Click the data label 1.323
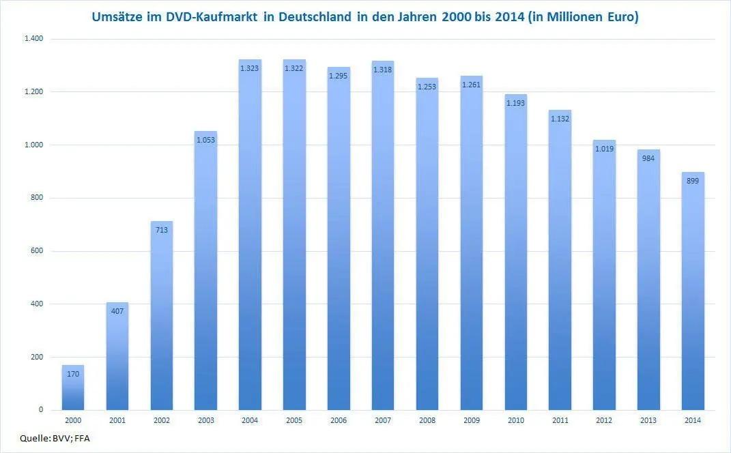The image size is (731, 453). pos(250,68)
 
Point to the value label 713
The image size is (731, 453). pos(161,230)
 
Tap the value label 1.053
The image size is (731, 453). pos(205,140)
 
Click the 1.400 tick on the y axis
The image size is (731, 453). pos(33,39)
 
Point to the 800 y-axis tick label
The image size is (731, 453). pos(36,198)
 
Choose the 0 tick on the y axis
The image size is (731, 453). pos(41,410)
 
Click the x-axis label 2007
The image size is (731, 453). pos(383,421)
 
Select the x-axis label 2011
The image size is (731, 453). pos(560,421)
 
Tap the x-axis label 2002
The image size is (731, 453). pos(161,421)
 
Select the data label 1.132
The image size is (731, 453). pos(560,119)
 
